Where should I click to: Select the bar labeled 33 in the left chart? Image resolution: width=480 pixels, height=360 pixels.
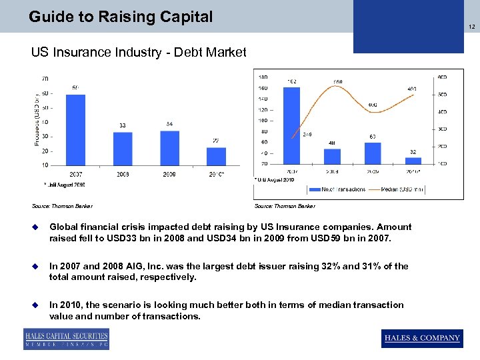tap(123, 148)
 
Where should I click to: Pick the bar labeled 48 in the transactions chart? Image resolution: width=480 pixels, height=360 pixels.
tap(332, 156)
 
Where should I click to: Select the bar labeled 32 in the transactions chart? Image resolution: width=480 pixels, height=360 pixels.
tap(413, 160)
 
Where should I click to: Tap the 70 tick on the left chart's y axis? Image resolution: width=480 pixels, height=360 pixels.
tap(44, 79)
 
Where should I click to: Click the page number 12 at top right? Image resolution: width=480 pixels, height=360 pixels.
tap(471, 26)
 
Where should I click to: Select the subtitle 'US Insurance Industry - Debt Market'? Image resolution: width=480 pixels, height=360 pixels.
tap(139, 52)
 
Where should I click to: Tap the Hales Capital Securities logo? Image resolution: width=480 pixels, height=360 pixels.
tap(66, 339)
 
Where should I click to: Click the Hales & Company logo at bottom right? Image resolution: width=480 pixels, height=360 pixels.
tap(422, 338)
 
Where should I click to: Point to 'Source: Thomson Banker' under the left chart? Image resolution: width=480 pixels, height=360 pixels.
tap(62, 207)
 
